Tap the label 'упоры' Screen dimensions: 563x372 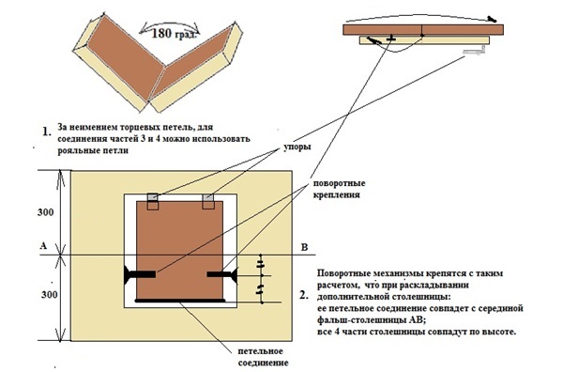tap(297, 147)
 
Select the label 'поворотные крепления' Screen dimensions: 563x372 tap(339, 189)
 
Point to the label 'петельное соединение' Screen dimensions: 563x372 tap(263, 357)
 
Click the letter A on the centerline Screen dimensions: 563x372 tap(43, 246)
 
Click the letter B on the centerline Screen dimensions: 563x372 tap(304, 247)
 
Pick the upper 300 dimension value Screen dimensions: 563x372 tap(46, 212)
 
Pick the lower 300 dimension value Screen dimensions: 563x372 tap(49, 295)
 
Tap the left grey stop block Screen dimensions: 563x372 tap(153, 197)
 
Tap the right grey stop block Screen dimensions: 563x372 tap(208, 197)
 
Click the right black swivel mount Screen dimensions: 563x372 tap(221, 274)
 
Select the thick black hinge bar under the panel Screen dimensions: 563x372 tap(180, 300)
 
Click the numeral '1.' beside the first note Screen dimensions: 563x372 tap(47, 132)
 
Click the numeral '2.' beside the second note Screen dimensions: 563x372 tap(304, 296)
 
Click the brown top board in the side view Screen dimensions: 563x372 tap(423, 29)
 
